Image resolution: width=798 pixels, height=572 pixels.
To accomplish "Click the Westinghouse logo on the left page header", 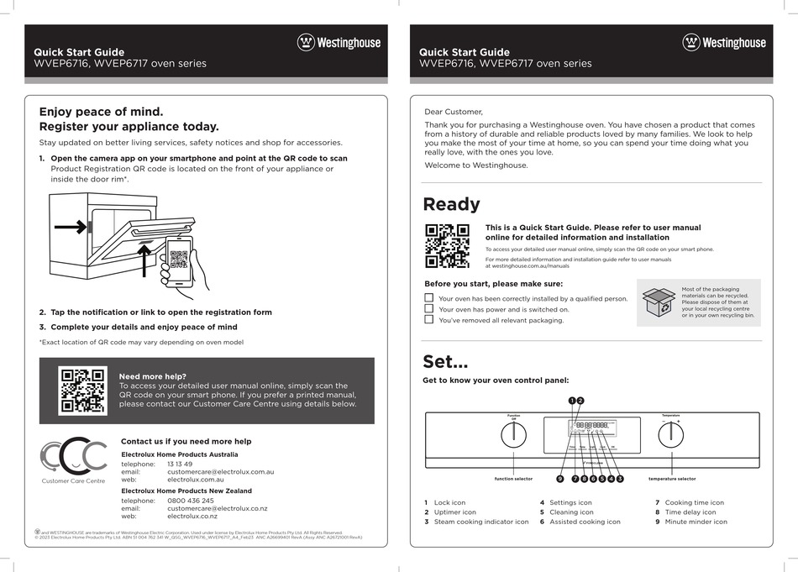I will coord(339,42).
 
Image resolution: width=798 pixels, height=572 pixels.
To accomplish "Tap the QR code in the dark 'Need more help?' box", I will coord(81,391).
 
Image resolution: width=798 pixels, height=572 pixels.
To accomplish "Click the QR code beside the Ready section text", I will coord(447,245).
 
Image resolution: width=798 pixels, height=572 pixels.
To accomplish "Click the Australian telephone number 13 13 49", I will coord(180,464).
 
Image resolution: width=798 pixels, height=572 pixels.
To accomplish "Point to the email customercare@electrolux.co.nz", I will coord(217,508).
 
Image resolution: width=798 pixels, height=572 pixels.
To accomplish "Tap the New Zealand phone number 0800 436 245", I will coord(191,500).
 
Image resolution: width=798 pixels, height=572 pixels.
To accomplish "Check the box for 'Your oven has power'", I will coord(429,309).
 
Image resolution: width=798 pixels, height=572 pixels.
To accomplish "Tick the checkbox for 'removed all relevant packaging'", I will coord(429,320).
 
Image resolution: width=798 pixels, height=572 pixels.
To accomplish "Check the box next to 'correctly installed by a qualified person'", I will coord(429,298).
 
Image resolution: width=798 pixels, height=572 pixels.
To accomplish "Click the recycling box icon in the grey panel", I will coord(659,302).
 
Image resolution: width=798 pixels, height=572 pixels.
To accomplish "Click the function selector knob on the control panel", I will coord(513,435).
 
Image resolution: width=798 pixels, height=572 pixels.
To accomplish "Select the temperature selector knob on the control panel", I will coord(670,435).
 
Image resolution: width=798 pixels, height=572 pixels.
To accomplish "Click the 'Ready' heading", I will coord(452,204).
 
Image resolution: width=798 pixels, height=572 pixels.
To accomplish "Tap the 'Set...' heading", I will coord(445,362).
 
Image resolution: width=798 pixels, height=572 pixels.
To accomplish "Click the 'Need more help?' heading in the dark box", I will coord(153,376).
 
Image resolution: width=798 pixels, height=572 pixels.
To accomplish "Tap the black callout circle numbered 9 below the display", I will coord(559,479).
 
